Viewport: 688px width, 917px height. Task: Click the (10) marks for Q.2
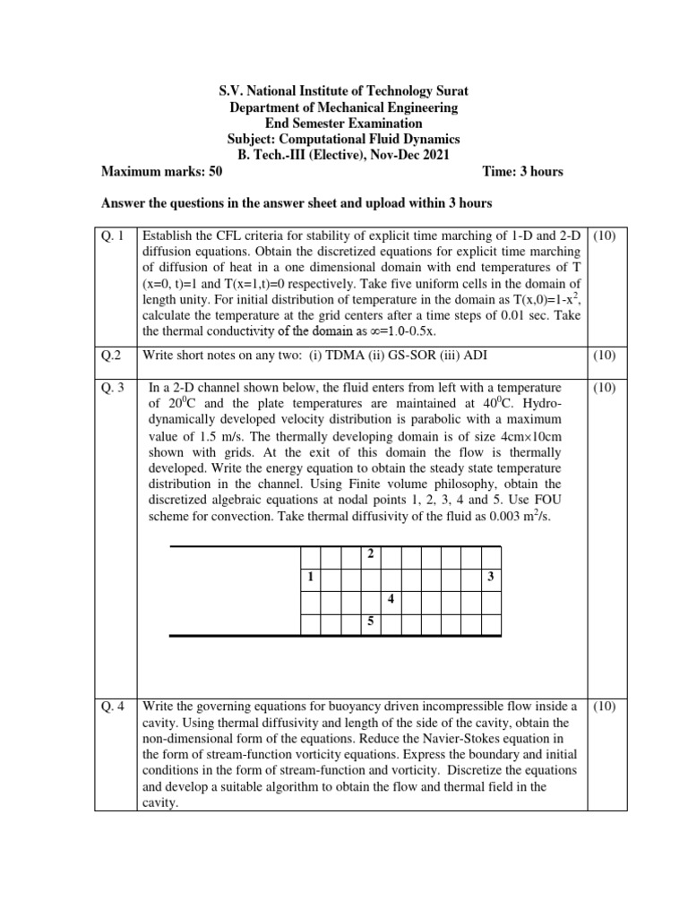(608, 356)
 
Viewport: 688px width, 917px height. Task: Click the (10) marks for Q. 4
(608, 707)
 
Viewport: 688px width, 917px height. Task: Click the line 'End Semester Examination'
(344, 124)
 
